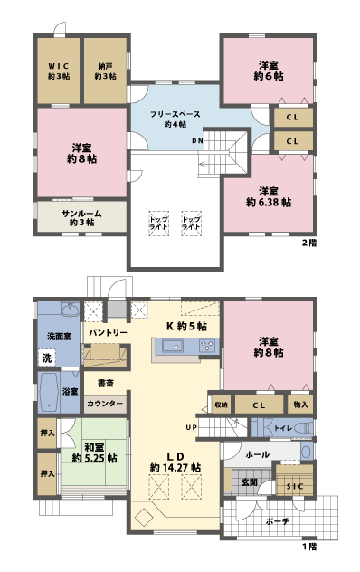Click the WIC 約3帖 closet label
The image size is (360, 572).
[59, 71]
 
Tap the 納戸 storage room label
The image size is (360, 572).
[104, 71]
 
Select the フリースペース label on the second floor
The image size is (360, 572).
[175, 118]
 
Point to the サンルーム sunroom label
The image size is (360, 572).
[81, 216]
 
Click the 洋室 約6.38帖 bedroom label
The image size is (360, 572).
[268, 196]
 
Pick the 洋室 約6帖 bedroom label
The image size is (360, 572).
[268, 71]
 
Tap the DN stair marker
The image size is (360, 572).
[196, 141]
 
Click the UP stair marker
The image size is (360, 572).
[191, 426]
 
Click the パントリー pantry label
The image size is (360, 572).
[107, 333]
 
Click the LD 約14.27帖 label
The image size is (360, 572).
[175, 462]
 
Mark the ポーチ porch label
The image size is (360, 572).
[278, 521]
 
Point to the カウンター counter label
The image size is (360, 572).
[105, 405]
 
